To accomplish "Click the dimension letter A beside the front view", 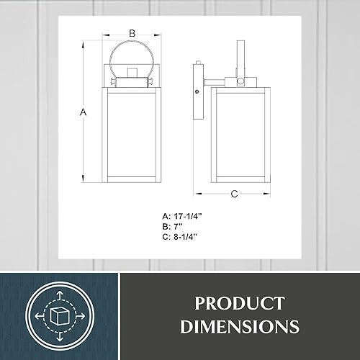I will (x=83, y=112).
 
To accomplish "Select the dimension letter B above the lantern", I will (x=132, y=33).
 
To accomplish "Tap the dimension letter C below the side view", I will (x=235, y=193).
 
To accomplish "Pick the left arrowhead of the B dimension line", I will (x=107, y=34).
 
